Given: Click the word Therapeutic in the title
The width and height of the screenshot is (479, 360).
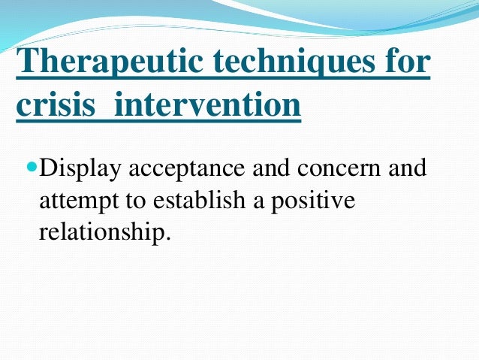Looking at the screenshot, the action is point(109,61).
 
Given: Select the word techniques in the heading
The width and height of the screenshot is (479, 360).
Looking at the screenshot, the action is point(294,61).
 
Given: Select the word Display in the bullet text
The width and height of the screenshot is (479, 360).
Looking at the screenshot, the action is point(80,169).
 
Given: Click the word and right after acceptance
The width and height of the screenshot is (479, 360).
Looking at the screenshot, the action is point(271,168).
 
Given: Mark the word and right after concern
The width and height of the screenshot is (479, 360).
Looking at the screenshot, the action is point(407,168).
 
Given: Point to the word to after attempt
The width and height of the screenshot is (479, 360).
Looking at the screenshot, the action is point(135,201).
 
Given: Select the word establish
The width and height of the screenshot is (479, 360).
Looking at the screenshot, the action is point(199,200).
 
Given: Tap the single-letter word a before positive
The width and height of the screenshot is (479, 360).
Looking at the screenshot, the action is point(258,203).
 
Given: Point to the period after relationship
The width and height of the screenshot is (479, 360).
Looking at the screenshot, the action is point(167,238).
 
